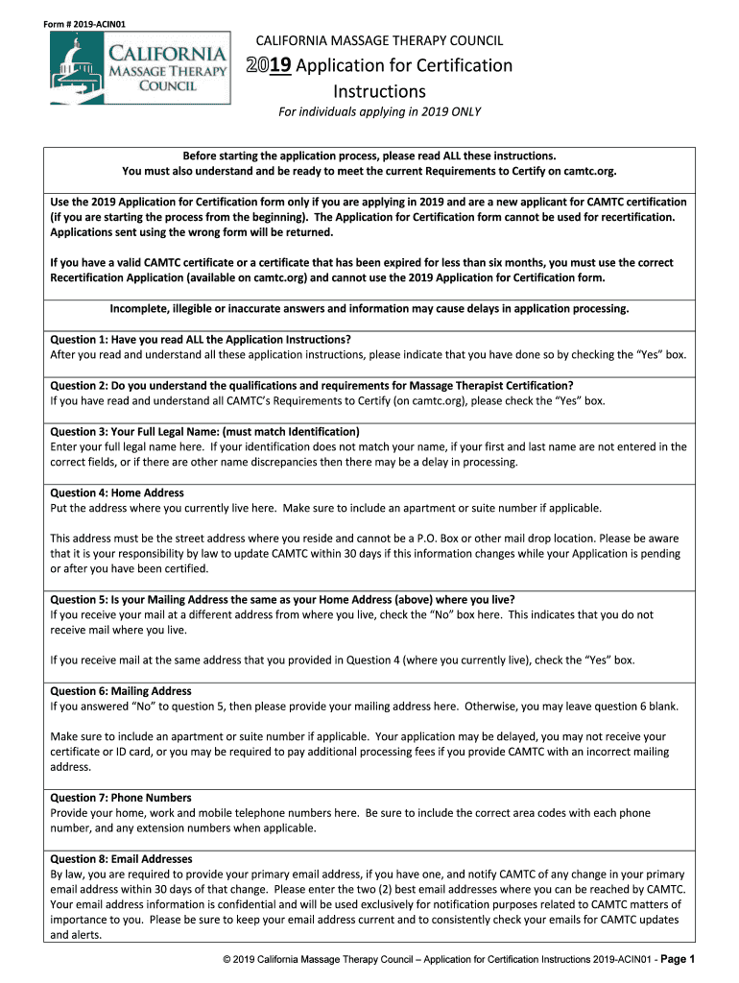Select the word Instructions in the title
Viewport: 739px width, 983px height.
coord(379,91)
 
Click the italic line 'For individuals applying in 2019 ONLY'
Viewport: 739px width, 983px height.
coord(379,112)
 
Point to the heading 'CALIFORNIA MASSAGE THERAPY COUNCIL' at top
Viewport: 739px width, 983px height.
coord(378,40)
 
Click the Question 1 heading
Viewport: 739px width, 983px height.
coord(200,340)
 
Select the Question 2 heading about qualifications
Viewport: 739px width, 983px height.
coord(311,386)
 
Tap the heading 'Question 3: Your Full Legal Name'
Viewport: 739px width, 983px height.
coord(204,431)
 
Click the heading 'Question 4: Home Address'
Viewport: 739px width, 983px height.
coord(117,492)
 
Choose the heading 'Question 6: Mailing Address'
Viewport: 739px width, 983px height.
coord(121,691)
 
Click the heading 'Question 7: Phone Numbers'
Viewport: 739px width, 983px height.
coord(122,798)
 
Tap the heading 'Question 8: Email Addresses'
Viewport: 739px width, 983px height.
coord(121,859)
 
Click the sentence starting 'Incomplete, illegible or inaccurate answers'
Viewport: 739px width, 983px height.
coord(369,308)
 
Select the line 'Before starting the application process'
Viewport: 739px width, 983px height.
coord(369,156)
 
